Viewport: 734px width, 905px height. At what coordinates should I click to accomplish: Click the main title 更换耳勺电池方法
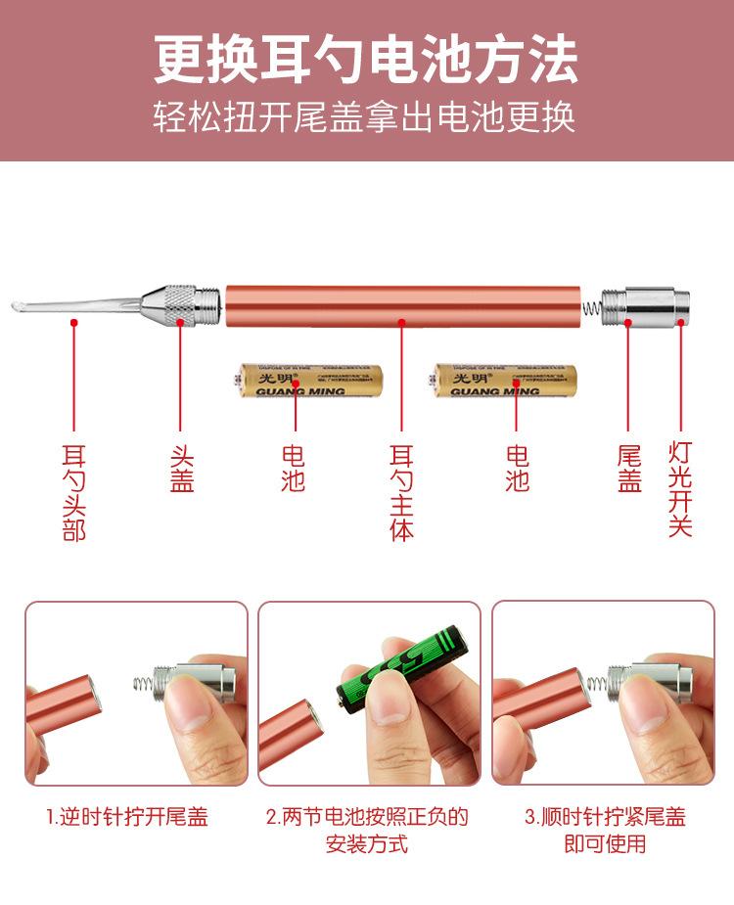coord(366,61)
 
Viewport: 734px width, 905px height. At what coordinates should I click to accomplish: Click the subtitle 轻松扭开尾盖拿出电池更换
coord(366,117)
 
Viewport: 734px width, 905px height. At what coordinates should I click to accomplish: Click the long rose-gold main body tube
coord(401,306)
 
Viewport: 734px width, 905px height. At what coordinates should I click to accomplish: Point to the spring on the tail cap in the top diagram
coord(591,306)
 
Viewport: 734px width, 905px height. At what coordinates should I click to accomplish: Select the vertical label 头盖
coord(182,469)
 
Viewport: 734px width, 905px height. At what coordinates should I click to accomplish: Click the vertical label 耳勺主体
coord(402,492)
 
